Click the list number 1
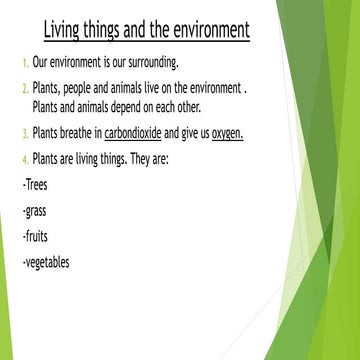[x=25, y=63]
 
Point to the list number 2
[x=25, y=89]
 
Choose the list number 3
[x=25, y=132]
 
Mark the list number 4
[x=25, y=159]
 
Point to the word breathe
[x=78, y=132]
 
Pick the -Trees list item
[x=34, y=185]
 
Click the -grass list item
[x=34, y=212]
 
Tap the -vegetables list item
[x=45, y=263]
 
